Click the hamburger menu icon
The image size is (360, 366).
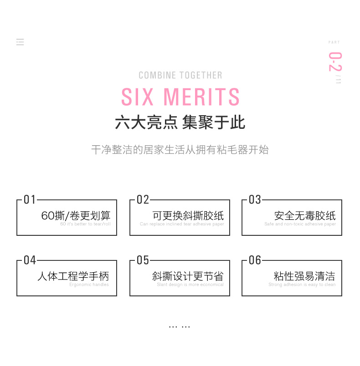pos(20,42)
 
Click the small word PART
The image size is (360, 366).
pos(334,42)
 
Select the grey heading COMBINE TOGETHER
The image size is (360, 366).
pos(180,76)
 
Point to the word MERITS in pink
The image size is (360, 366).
pos(201,97)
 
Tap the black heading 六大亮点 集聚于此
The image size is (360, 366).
pos(180,122)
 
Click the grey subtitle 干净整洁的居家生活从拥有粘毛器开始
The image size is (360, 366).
pos(180,150)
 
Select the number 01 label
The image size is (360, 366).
pos(30,200)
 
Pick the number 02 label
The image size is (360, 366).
pos(143,200)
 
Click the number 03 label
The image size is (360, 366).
pos(255,200)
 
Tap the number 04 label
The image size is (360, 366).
pos(30,260)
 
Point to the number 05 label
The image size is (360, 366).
pos(143,260)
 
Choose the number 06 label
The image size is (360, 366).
pos(255,260)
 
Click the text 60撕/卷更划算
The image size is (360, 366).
pos(76,215)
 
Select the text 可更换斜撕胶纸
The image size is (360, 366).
pos(188,215)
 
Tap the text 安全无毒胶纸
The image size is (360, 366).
pos(305,215)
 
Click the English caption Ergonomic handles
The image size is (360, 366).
pos(89,285)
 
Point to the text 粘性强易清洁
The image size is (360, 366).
pos(304,276)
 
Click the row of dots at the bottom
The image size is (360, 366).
pos(180,326)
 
